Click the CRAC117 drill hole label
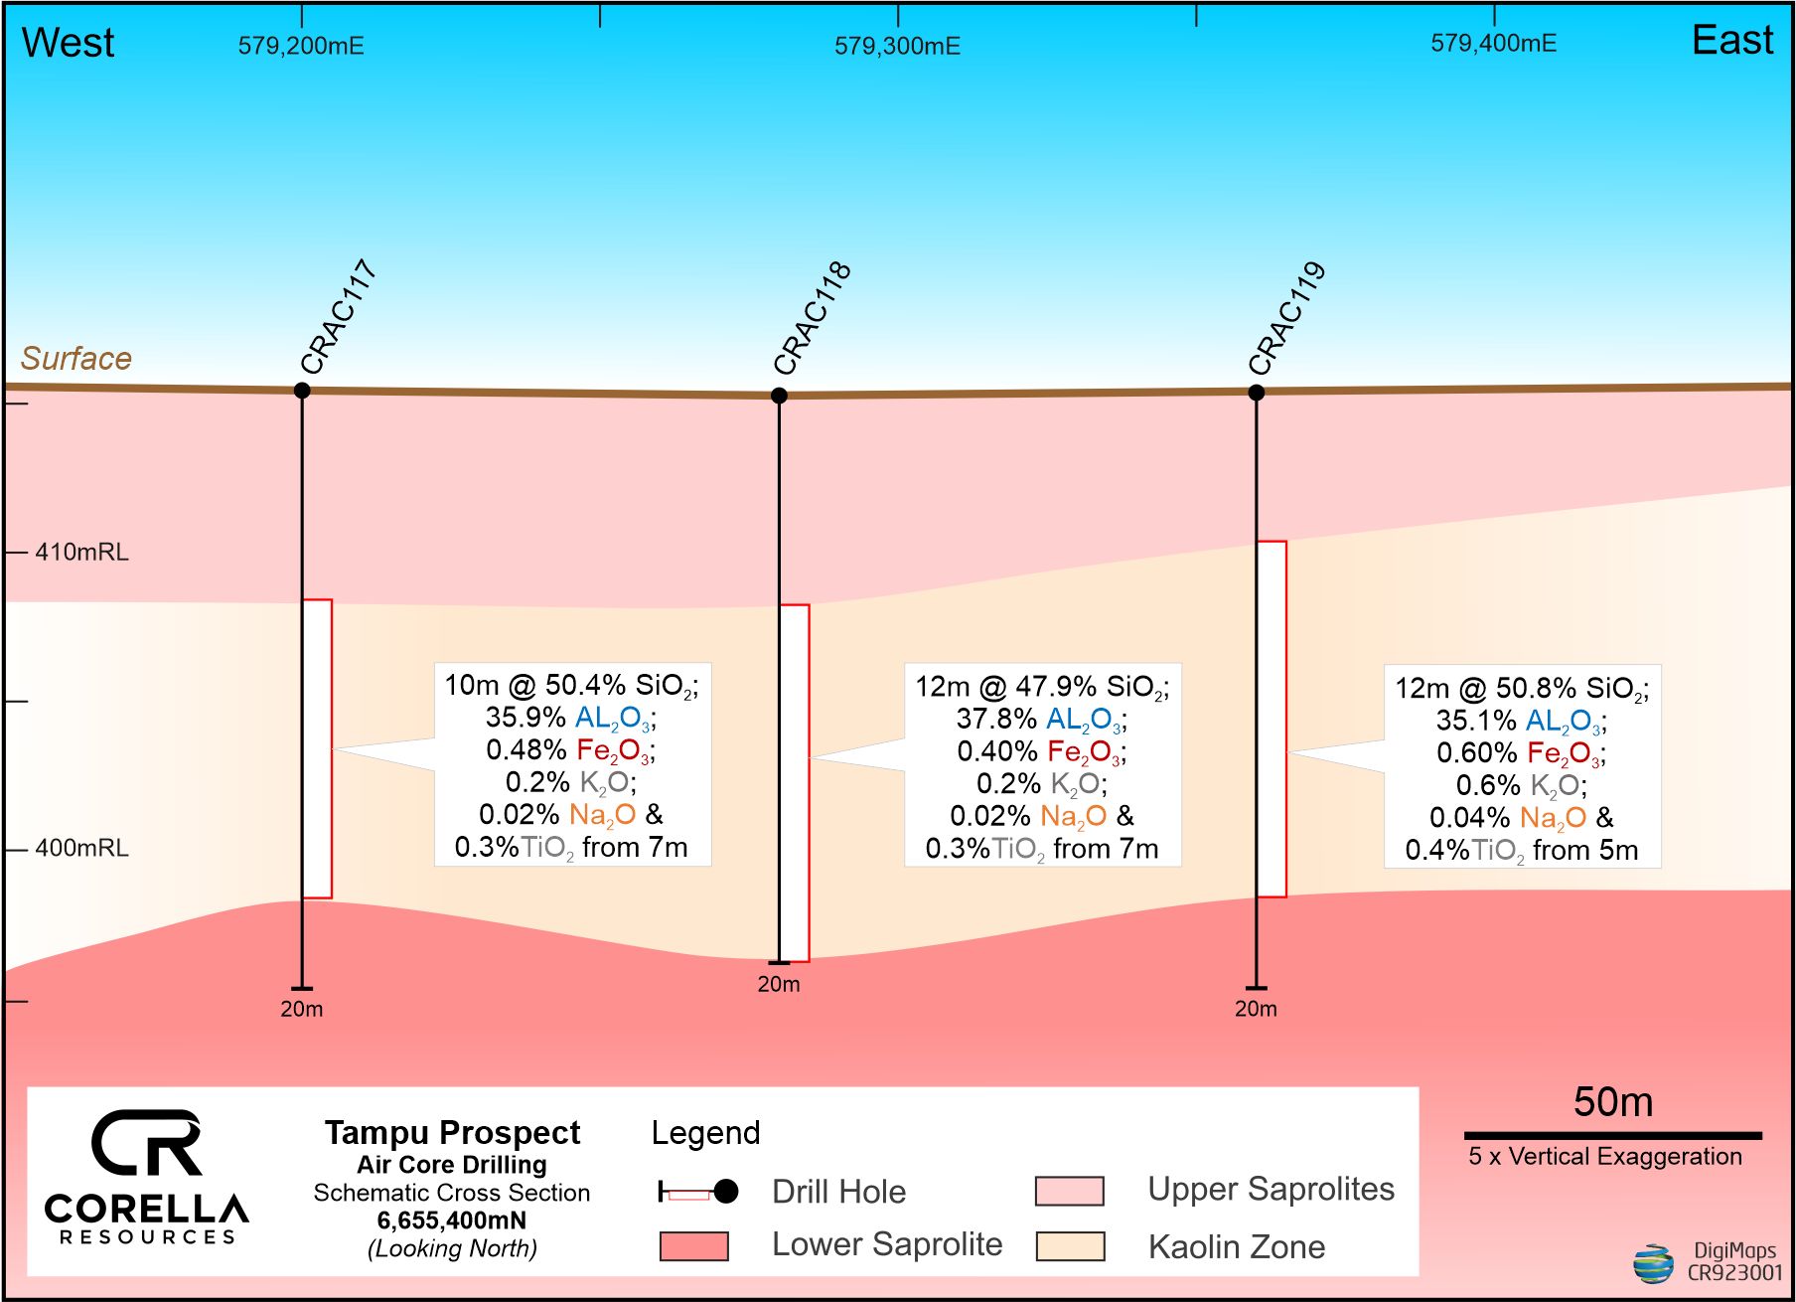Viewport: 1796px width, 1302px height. click(x=338, y=316)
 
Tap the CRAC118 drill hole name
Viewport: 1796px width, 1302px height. click(x=812, y=317)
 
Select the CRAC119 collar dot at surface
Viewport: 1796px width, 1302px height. click(x=1256, y=393)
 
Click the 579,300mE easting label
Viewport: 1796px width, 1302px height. click(x=897, y=47)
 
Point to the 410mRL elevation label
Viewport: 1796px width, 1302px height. click(x=81, y=553)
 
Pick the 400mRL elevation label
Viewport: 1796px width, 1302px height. click(x=81, y=849)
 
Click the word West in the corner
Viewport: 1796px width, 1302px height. click(x=68, y=43)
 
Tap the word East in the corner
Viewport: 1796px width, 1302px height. click(x=1731, y=41)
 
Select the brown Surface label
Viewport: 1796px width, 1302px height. click(x=76, y=358)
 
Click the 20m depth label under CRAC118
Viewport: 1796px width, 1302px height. click(x=778, y=985)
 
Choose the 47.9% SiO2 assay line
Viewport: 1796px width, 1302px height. click(x=1042, y=687)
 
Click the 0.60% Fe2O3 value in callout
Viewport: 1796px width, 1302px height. click(x=1521, y=753)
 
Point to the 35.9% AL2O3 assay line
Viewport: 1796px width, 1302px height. click(x=570, y=718)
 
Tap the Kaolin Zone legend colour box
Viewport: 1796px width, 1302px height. click(x=1070, y=1246)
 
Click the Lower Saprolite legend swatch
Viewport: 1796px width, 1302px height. click(x=693, y=1246)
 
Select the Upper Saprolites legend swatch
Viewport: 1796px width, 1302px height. click(x=1070, y=1191)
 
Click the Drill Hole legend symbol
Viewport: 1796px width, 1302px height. click(x=697, y=1192)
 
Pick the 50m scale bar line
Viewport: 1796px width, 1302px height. click(x=1612, y=1135)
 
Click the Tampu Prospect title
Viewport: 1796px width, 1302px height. click(x=452, y=1133)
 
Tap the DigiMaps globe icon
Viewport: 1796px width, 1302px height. click(x=1653, y=1263)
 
